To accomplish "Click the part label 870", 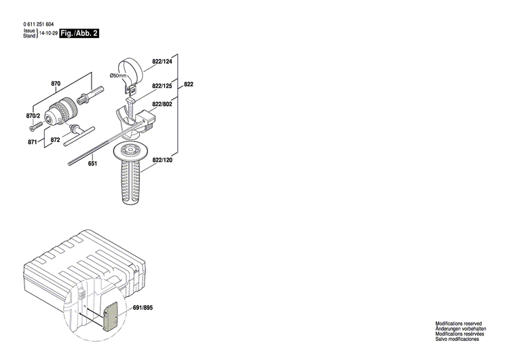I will tap(56, 84).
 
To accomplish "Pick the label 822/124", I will tap(162, 62).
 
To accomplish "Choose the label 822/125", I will tap(162, 86).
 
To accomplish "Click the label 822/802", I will tap(162, 103).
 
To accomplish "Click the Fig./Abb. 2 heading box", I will tap(79, 33).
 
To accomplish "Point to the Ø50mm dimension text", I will tap(119, 75).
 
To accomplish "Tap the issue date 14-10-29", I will tap(49, 33).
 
